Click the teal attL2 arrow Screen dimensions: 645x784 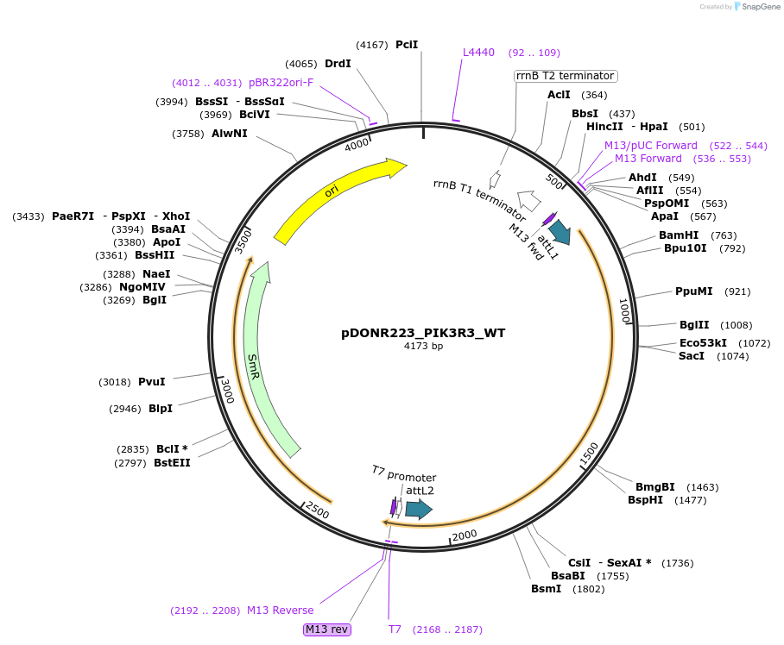point(418,510)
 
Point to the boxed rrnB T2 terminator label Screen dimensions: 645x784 point(566,76)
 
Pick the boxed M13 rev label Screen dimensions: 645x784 point(327,629)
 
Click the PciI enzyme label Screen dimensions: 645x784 point(407,44)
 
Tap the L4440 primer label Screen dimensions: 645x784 point(478,53)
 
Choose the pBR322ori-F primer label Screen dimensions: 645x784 point(281,83)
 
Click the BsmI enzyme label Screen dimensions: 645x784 point(546,589)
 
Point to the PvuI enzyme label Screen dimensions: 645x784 point(151,382)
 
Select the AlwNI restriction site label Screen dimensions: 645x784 point(230,134)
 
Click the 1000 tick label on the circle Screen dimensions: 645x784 point(624,309)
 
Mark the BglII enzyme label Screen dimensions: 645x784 point(694,325)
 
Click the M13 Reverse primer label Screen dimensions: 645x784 point(281,611)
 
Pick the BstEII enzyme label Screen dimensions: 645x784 point(172,463)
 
